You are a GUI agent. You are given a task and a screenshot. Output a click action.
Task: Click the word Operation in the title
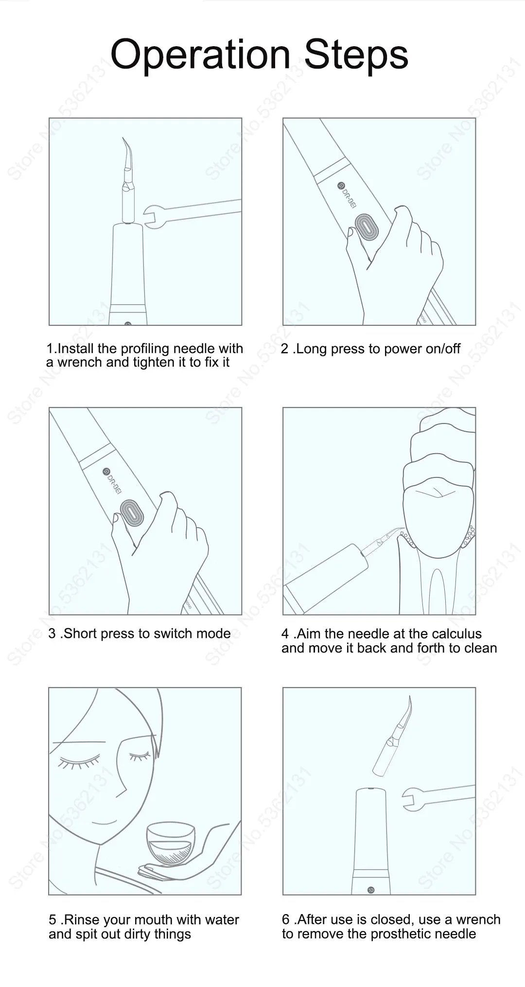pyautogui.click(x=200, y=55)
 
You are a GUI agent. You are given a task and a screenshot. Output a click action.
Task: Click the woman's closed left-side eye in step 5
pyautogui.click(x=77, y=762)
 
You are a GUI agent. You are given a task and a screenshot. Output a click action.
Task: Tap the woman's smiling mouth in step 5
pyautogui.click(x=105, y=822)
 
